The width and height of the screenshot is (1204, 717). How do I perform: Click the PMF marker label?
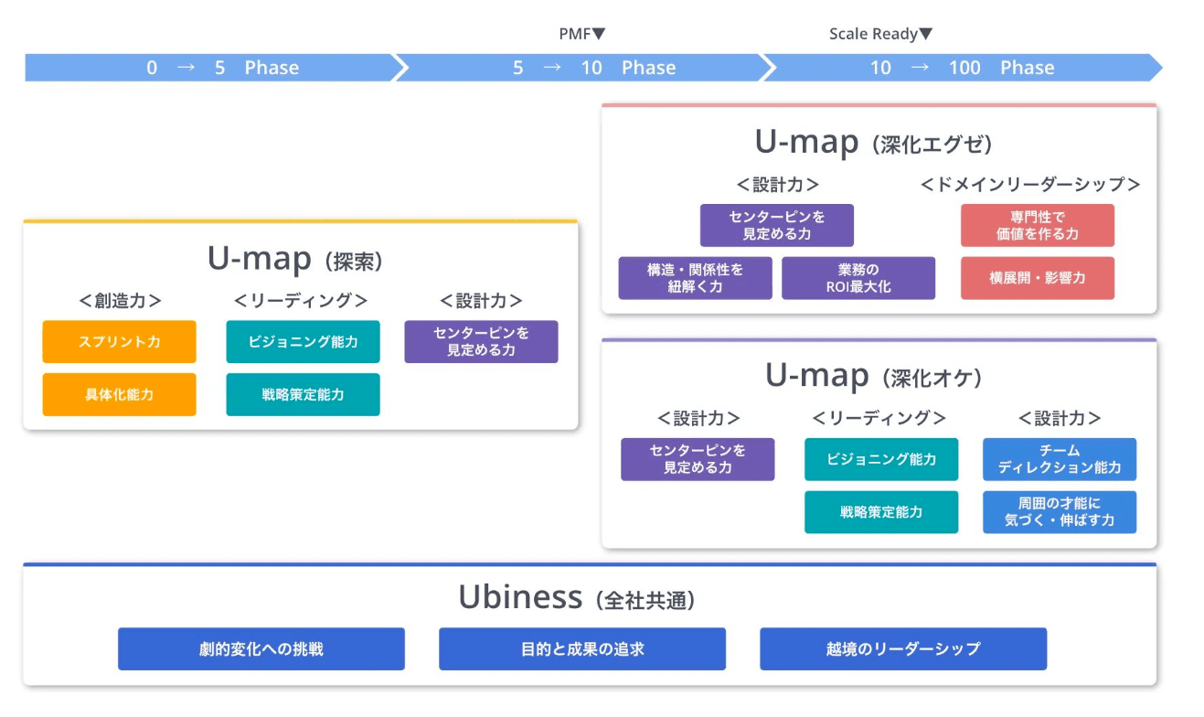point(581,35)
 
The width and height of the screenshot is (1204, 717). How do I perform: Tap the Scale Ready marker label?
point(880,35)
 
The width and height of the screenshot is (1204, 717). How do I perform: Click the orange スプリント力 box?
point(119,342)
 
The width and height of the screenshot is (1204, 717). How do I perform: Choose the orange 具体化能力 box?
point(119,395)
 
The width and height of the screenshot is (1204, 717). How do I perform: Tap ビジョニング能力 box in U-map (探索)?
point(303,342)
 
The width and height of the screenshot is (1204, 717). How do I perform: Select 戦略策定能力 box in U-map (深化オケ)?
point(881,512)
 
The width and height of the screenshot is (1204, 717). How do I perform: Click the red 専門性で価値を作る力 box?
point(1037,226)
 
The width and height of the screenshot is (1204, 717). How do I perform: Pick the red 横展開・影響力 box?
point(1037,278)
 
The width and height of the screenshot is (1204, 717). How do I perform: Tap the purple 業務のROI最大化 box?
point(858,278)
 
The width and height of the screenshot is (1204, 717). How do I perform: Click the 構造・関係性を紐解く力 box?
point(695,278)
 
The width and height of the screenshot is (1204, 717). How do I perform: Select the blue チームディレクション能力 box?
point(1060,459)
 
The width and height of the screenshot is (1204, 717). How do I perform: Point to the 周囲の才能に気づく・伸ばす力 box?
point(1060,512)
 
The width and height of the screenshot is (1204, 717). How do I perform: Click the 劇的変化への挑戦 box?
point(261,649)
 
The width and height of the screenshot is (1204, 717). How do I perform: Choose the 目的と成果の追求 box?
point(582,649)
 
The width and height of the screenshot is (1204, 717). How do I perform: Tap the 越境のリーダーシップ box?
point(902,649)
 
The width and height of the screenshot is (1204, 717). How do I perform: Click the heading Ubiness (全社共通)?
point(577,598)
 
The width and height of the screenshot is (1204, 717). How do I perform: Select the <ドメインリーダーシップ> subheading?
point(1029,185)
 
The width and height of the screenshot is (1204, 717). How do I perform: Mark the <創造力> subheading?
point(119,301)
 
